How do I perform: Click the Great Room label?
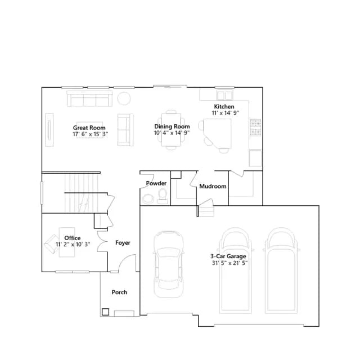[89, 128]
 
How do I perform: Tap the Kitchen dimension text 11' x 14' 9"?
[225, 113]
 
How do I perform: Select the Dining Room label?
[172, 127]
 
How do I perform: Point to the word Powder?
[156, 183]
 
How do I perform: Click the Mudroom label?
[213, 186]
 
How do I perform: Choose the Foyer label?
[123, 242]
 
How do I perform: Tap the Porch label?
[119, 292]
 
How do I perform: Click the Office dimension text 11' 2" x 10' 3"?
[73, 244]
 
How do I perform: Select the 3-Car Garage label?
[228, 256]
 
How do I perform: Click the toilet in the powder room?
[163, 196]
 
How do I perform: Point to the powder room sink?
[148, 199]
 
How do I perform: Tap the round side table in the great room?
[124, 98]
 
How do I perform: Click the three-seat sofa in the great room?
[89, 99]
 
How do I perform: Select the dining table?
[171, 130]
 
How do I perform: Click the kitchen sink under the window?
[225, 95]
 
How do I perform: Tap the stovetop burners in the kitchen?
[255, 128]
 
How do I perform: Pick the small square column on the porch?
[105, 312]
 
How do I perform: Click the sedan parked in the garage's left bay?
[169, 264]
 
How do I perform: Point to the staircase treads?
[82, 193]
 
